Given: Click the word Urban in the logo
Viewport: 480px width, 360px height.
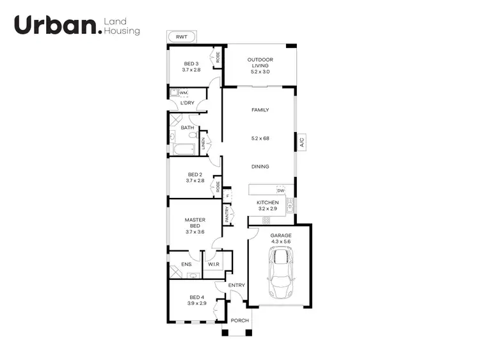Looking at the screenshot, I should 56,26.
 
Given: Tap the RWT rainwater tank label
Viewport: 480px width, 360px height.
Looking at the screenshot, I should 182,37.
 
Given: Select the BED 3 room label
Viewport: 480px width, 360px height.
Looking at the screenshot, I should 191,63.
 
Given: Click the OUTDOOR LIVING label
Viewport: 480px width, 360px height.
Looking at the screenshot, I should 260,63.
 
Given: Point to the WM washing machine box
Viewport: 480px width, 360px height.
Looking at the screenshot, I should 175,94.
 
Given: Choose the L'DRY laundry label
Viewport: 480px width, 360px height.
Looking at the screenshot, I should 187,103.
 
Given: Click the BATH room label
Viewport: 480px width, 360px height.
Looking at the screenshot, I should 187,127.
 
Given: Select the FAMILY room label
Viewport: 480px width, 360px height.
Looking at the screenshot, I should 260,110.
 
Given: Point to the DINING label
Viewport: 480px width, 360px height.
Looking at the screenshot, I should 260,167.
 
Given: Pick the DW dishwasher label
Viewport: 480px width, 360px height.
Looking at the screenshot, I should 280,191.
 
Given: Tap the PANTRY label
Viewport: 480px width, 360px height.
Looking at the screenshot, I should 227,213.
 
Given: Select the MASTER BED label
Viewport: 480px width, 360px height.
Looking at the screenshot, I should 195,223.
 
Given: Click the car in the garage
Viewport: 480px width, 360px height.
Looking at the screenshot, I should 280,273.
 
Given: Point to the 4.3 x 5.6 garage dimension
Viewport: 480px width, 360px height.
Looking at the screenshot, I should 280,242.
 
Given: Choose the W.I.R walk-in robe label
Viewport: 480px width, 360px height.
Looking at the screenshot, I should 214,263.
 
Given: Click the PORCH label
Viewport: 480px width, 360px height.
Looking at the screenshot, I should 239,320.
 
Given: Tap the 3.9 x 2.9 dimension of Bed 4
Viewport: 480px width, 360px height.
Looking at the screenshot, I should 196,303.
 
